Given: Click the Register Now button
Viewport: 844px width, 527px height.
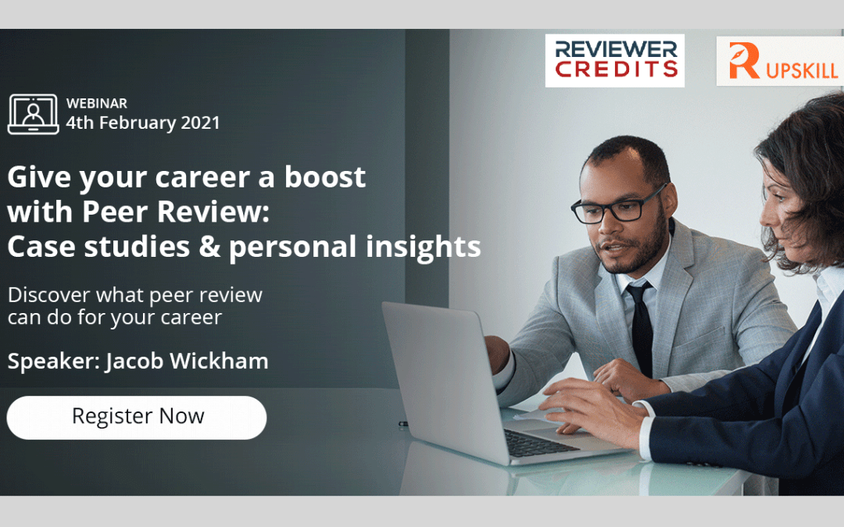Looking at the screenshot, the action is pyautogui.click(x=137, y=417).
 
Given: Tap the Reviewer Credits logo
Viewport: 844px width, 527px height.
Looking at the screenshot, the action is pyautogui.click(x=615, y=60).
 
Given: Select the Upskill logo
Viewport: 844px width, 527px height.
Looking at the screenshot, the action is pyautogui.click(x=781, y=61).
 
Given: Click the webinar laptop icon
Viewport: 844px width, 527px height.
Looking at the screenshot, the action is pyautogui.click(x=33, y=114).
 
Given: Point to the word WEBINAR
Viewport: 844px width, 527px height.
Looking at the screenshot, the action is pyautogui.click(x=97, y=103).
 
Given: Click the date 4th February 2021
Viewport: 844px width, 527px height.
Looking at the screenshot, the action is pyautogui.click(x=143, y=123).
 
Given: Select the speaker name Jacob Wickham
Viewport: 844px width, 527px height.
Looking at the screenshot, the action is pyautogui.click(x=187, y=360).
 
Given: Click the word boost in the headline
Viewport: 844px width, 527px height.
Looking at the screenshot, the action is pyautogui.click(x=325, y=177).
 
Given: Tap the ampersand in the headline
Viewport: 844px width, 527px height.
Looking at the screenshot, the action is pyautogui.click(x=209, y=246).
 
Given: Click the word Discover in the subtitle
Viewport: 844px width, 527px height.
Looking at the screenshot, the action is pyautogui.click(x=49, y=294).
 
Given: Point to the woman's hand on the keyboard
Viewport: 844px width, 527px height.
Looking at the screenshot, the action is pyautogui.click(x=592, y=411).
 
